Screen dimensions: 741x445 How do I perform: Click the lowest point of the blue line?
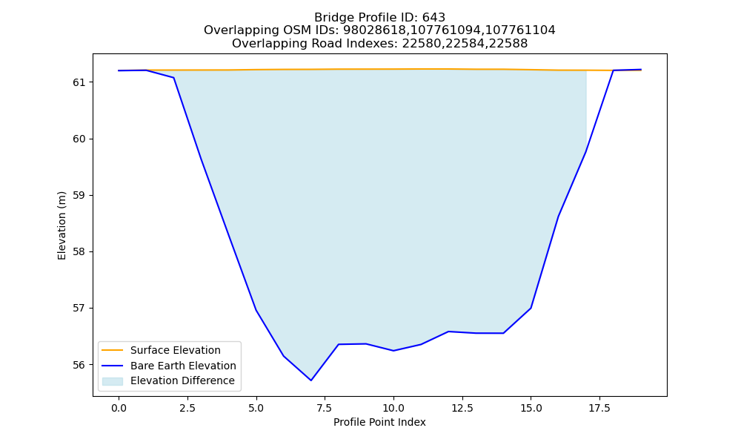tap(311, 380)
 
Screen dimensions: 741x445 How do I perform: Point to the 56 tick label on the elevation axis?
tap(79, 365)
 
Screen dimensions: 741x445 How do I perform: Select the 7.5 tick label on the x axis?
tap(325, 408)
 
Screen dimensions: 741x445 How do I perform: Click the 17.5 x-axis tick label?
tap(599, 408)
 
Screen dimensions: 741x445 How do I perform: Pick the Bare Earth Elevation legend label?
tap(183, 366)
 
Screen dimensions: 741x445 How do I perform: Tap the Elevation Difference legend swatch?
tap(113, 381)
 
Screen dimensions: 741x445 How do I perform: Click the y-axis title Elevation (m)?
tap(62, 225)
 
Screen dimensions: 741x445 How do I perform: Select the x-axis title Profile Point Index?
tap(379, 422)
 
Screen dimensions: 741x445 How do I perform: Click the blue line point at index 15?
tap(531, 308)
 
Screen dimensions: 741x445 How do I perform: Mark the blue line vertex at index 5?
tap(256, 310)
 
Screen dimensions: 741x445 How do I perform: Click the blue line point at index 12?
tap(448, 332)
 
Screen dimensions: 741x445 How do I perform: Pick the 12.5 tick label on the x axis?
tap(462, 408)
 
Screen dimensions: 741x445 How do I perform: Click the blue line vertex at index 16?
tap(558, 217)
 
